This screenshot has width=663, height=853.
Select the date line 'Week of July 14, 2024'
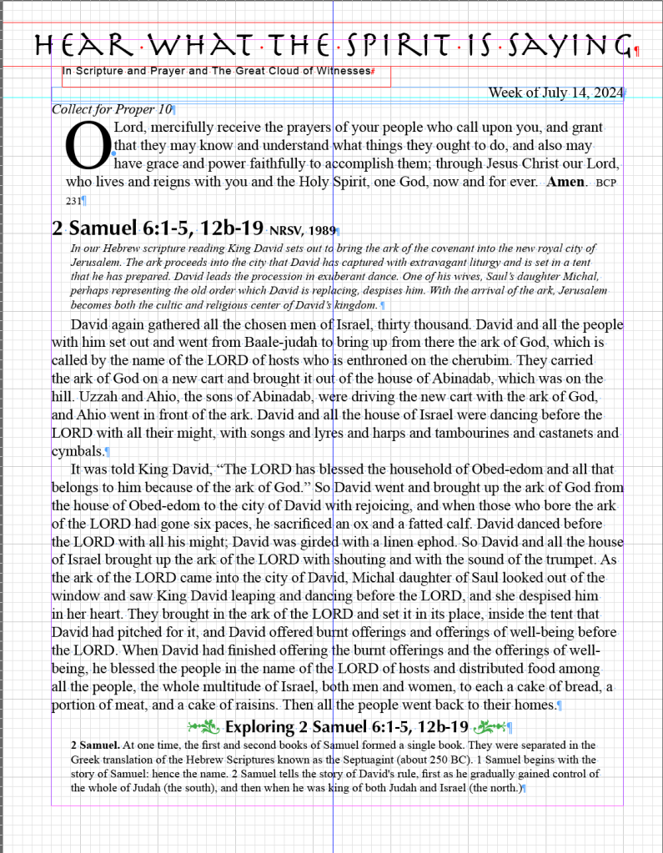click(x=555, y=93)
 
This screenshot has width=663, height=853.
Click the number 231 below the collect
click(x=73, y=201)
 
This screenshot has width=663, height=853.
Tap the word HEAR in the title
click(x=83, y=44)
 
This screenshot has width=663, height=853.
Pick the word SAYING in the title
click(x=575, y=44)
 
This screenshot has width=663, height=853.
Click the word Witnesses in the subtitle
click(x=341, y=72)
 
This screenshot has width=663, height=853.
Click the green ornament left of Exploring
click(x=204, y=727)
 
